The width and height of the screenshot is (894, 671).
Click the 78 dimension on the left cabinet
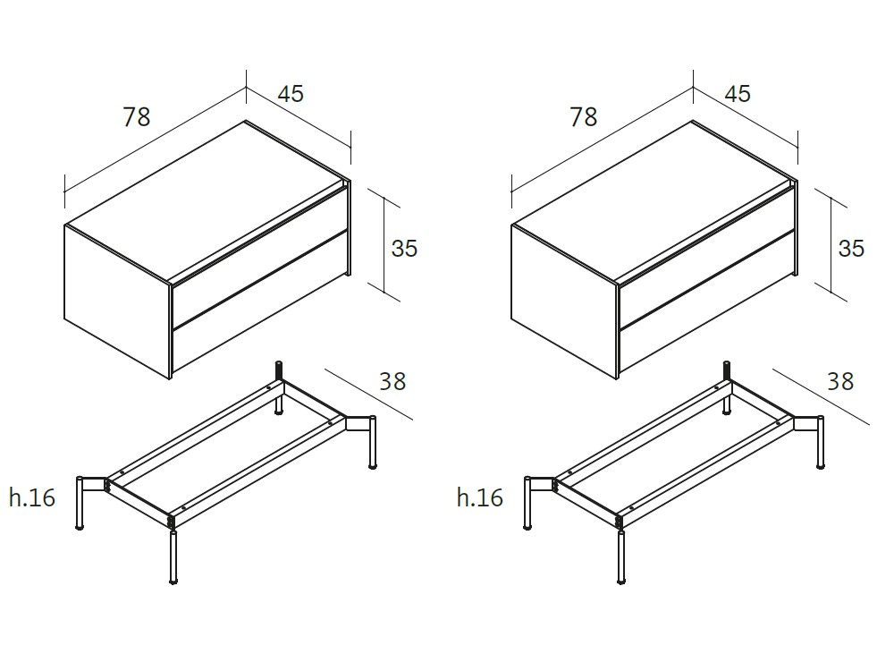pos(137,116)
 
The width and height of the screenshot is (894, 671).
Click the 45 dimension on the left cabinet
pos(291,93)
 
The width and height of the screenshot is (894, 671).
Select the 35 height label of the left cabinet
pos(404,248)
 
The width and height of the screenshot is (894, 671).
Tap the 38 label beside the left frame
pos(392,381)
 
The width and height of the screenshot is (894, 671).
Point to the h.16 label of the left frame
pos(33,497)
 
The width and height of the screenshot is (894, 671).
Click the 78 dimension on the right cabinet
pos(584,116)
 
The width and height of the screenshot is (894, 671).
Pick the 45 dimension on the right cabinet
pos(738,93)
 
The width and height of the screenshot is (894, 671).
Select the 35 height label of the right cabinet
pos(851,248)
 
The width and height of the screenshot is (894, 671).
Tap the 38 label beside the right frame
pos(840,381)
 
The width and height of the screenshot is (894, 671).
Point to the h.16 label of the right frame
pos(480,497)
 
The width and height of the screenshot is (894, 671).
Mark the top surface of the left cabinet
pos(206,197)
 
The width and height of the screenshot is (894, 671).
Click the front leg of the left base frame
pos(173,558)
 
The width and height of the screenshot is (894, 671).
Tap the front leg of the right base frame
pos(620,558)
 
